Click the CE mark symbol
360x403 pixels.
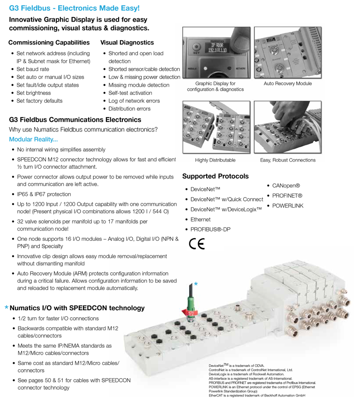pos(197,244)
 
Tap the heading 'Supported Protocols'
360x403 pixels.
pos(216,176)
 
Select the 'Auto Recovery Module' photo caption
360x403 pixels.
pos(288,83)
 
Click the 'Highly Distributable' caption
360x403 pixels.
pos(215,160)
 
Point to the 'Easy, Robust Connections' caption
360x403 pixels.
pos(288,160)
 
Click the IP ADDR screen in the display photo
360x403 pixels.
pos(217,48)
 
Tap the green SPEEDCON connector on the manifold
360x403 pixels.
pos(190,303)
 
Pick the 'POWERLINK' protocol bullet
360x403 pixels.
pos(288,206)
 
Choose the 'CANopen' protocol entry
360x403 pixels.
pos(286,186)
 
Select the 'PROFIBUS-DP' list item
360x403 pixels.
pos(210,230)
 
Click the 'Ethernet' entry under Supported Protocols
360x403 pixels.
pos(200,219)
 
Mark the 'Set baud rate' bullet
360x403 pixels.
pos(33,69)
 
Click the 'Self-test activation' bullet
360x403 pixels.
pos(130,93)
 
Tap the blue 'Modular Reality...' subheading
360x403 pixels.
pos(33,139)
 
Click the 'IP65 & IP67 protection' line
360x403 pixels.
pos(44,194)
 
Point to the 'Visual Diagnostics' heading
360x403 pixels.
pos(127,43)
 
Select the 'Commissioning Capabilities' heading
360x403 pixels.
pos(49,43)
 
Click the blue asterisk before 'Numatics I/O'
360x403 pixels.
pos(7,307)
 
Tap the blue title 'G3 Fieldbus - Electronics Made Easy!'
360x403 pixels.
pos(75,8)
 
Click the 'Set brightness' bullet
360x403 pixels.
pos(33,93)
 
